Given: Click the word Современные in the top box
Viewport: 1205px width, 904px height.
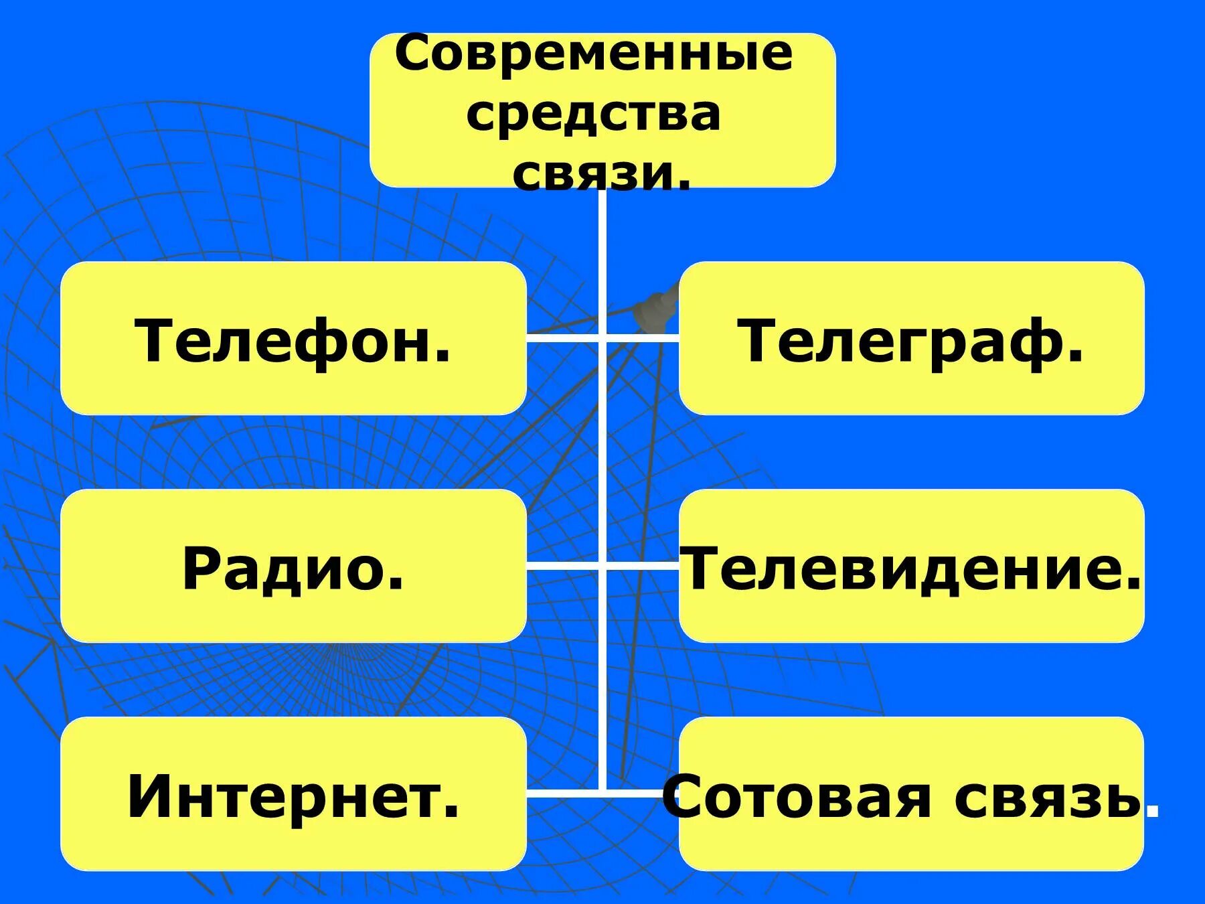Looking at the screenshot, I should (x=594, y=55).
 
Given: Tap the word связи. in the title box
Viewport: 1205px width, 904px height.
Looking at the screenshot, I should (x=601, y=174).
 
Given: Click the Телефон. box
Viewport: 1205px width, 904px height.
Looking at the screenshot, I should (x=293, y=338).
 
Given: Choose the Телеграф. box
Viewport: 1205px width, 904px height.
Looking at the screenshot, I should (x=911, y=338).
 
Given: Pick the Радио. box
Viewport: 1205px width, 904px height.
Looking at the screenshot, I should (x=293, y=567).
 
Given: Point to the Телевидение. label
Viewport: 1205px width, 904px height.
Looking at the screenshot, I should (x=911, y=568).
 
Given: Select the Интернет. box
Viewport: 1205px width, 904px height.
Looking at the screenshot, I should (x=293, y=794).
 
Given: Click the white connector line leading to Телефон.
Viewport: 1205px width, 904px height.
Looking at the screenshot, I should (x=562, y=337).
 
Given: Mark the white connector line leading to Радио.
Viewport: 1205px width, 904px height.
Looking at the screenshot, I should (x=562, y=566).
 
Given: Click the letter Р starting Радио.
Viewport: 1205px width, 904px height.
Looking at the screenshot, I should (x=201, y=569).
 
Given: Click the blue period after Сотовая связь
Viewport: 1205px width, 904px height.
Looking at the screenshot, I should (x=1152, y=812).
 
